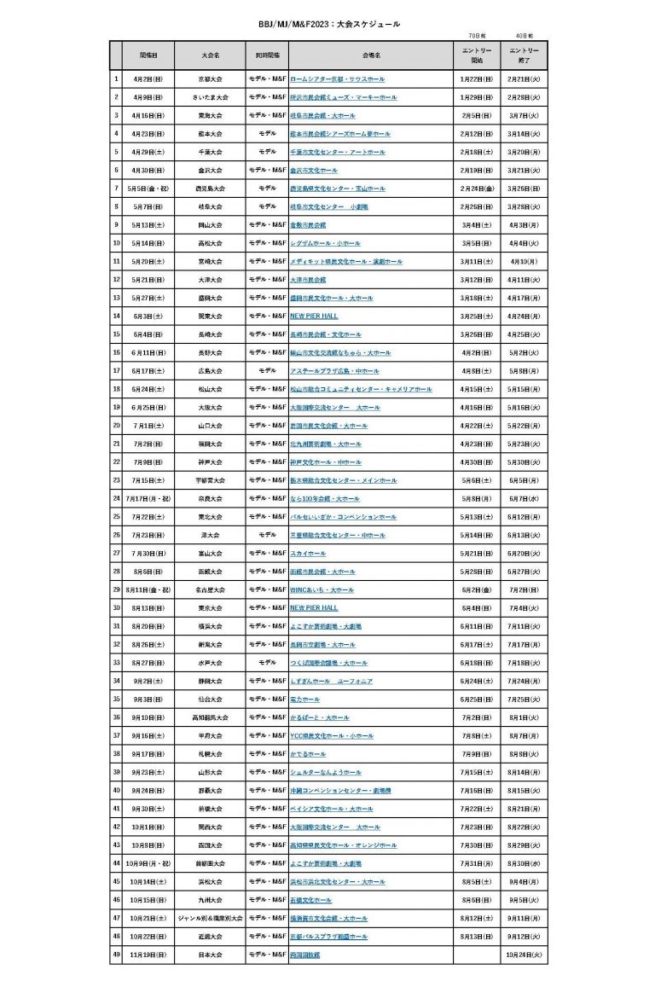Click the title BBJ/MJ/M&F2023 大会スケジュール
[328, 25]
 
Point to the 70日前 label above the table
[477, 37]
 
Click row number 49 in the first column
[116, 955]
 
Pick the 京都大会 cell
[211, 79]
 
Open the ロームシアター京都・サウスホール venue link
[337, 79]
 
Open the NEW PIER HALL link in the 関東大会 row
[314, 316]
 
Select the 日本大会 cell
[211, 955]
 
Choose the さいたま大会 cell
[211, 97]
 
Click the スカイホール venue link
[308, 554]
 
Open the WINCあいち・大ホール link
[322, 589]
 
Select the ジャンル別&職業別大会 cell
[211, 918]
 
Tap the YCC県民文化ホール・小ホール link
[331, 735]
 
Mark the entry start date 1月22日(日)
[477, 79]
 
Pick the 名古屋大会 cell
[211, 589]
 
